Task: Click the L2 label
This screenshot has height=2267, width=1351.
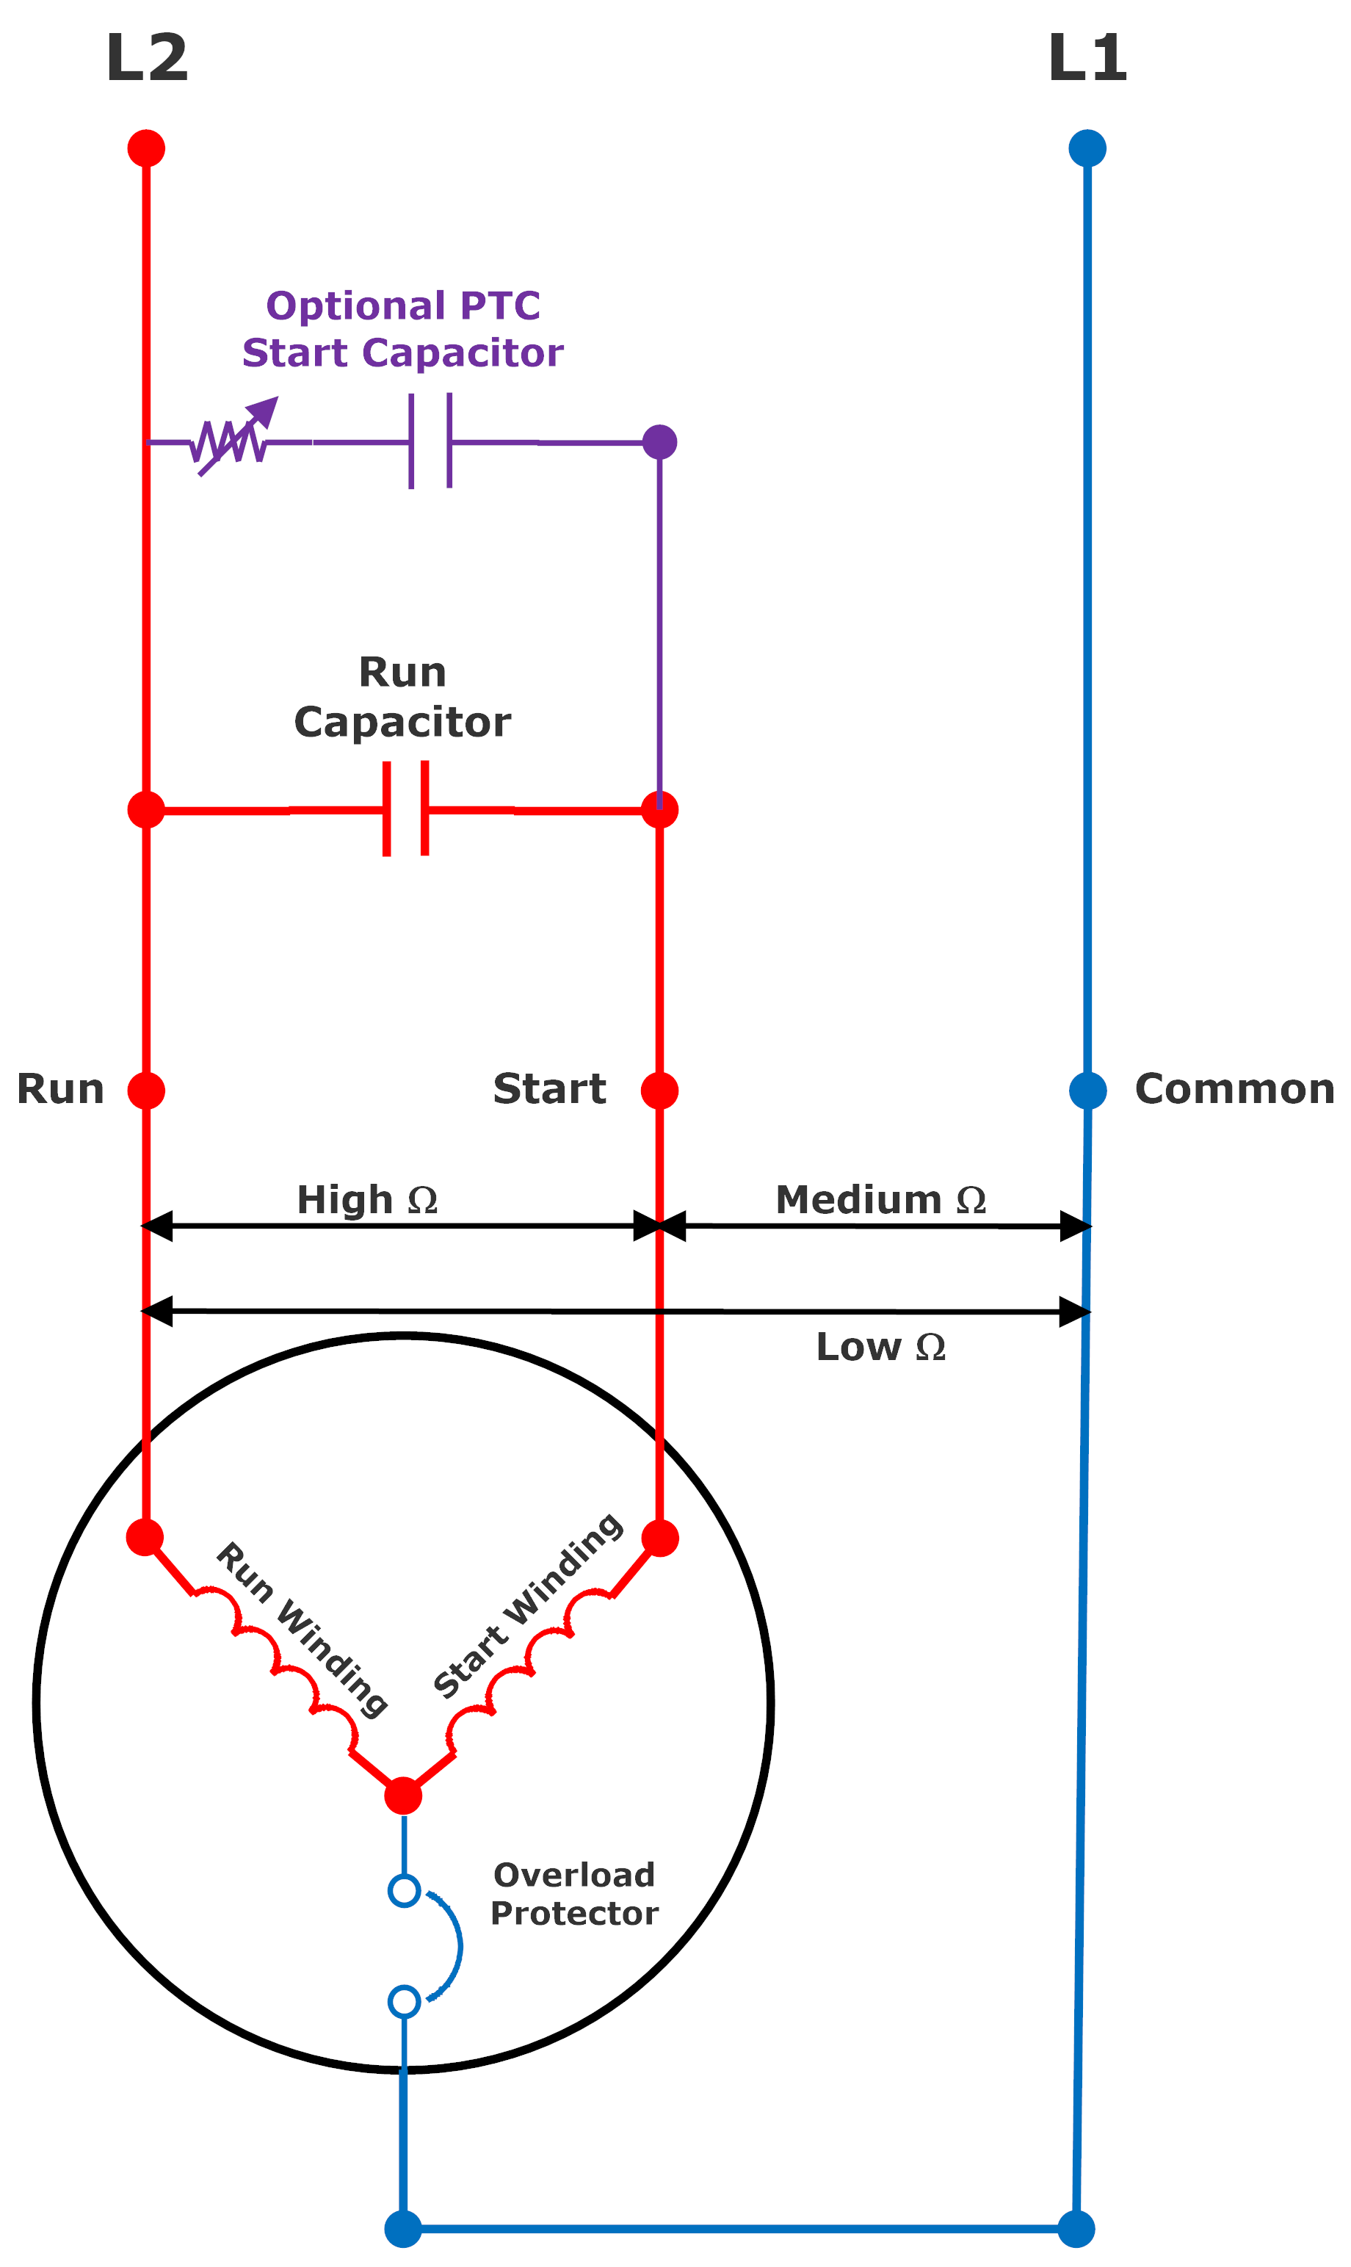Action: click(147, 58)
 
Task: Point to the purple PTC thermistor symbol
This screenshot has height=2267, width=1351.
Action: click(232, 441)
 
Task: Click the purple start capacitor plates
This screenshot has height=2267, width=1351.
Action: click(430, 441)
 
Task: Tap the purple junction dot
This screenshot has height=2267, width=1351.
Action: click(659, 443)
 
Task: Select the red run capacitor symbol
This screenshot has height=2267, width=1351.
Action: click(406, 809)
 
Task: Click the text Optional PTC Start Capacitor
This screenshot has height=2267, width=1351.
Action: click(402, 329)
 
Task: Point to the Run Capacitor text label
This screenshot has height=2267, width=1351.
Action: click(402, 698)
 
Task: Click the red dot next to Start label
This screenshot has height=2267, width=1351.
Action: click(659, 1090)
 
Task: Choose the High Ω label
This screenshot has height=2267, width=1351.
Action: click(367, 1200)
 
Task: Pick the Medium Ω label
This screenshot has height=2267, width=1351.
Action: click(880, 1200)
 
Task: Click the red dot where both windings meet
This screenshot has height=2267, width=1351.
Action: click(403, 1796)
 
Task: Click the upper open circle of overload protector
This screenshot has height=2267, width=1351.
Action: click(405, 1891)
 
